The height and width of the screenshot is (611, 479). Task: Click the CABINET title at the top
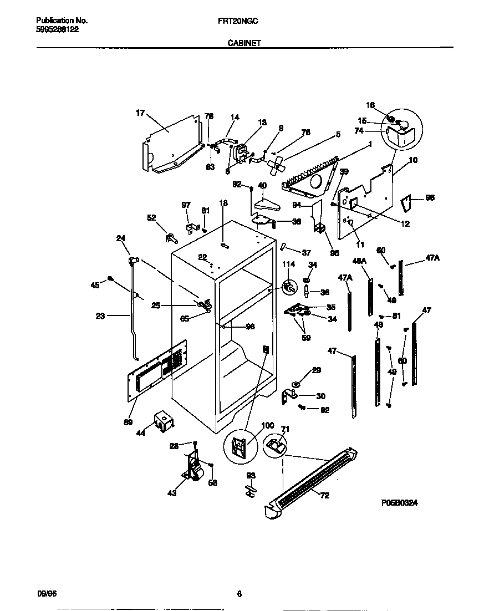click(244, 42)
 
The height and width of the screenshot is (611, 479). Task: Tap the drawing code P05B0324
click(399, 502)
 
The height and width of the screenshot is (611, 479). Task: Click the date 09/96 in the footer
click(46, 594)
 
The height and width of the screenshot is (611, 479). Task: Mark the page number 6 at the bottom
click(239, 594)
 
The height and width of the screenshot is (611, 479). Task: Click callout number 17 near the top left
click(140, 113)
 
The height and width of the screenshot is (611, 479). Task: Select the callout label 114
click(288, 264)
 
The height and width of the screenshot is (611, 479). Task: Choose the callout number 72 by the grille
click(324, 495)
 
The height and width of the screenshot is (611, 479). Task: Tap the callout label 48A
click(360, 260)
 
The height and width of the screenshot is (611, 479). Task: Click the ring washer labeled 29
click(295, 383)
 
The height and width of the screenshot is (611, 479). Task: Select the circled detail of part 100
click(239, 446)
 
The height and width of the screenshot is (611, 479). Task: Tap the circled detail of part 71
click(276, 443)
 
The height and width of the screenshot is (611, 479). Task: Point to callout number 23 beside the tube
click(100, 316)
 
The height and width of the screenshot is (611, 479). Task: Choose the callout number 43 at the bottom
click(172, 493)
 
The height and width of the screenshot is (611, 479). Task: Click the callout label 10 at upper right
click(413, 160)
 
